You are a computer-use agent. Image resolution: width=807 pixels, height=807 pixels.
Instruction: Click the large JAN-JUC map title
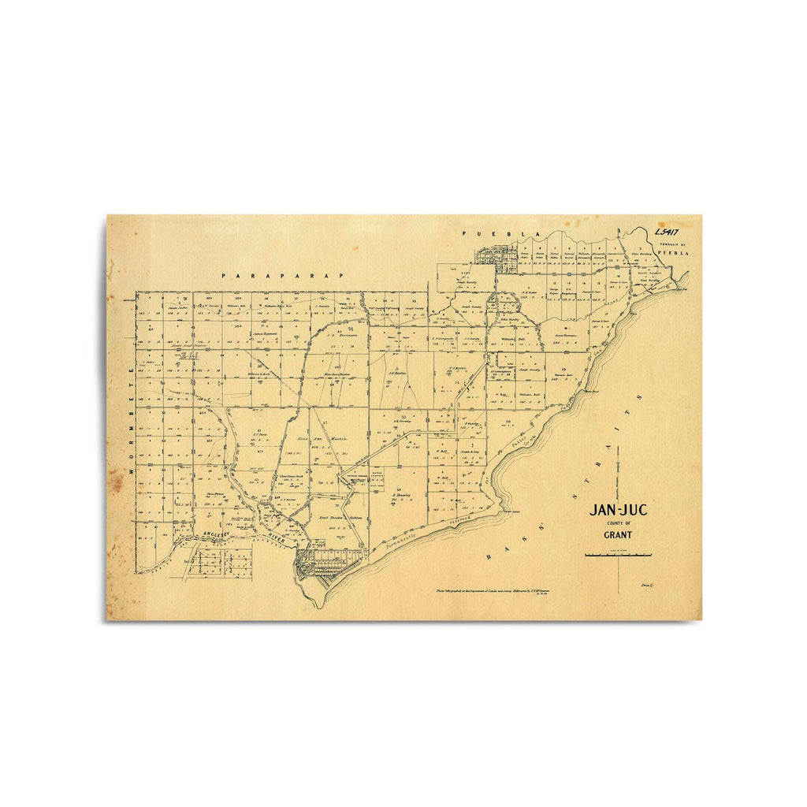(x=619, y=510)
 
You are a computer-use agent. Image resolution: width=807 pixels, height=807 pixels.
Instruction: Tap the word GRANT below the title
(x=619, y=535)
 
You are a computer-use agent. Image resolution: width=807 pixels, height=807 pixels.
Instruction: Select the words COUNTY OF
(x=619, y=523)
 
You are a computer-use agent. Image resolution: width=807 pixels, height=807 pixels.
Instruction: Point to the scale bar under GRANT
(x=619, y=556)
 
